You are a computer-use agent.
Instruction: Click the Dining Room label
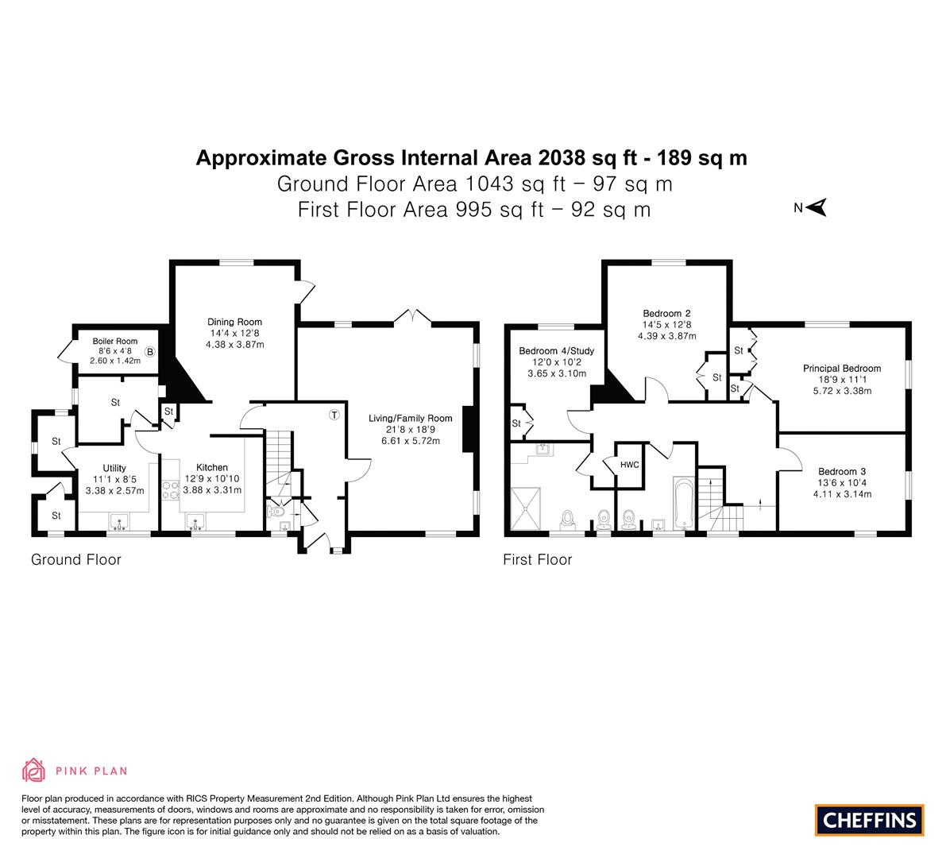[x=234, y=322]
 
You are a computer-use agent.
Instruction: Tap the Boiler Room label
[x=114, y=341]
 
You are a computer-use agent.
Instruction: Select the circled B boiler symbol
[x=149, y=352]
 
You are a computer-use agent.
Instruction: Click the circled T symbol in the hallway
[x=334, y=415]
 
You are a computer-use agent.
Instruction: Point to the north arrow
[x=816, y=207]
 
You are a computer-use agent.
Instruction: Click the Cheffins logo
[x=870, y=820]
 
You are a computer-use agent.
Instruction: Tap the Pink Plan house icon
[x=34, y=770]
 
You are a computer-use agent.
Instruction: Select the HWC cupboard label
[x=629, y=465]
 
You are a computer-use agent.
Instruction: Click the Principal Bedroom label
[x=842, y=368]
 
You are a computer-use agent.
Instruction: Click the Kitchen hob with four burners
[x=171, y=489]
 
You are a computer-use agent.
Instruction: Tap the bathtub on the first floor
[x=684, y=504]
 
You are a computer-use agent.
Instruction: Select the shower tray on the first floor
[x=526, y=508]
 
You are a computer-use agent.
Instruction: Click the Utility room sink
[x=119, y=520]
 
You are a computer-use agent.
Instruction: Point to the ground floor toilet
[x=276, y=512]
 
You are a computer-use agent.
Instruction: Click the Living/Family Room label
[x=411, y=418]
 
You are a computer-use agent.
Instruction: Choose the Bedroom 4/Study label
[x=556, y=350]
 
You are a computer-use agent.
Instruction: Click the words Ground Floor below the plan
[x=76, y=560]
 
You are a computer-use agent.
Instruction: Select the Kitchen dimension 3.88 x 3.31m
[x=212, y=490]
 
